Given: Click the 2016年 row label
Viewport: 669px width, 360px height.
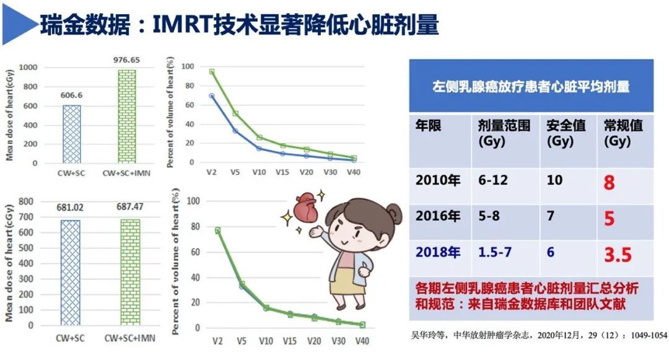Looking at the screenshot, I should pyautogui.click(x=438, y=217).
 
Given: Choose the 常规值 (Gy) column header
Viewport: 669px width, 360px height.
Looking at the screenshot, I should pyautogui.click(x=623, y=133).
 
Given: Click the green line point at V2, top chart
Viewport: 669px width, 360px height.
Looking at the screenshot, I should pyautogui.click(x=212, y=71).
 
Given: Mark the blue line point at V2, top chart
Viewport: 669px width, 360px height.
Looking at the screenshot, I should pyautogui.click(x=212, y=96).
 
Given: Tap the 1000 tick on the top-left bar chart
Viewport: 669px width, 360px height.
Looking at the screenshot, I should pyautogui.click(x=29, y=67).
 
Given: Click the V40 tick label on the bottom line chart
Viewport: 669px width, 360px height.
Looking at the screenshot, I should pyautogui.click(x=362, y=341).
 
